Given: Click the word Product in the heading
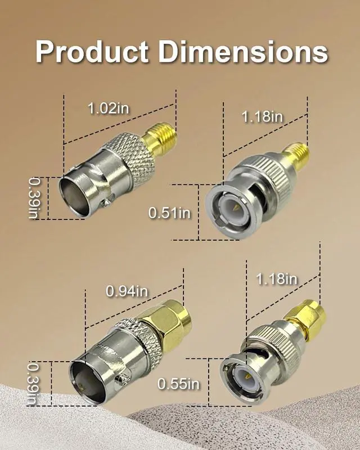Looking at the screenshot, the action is pos(92,52).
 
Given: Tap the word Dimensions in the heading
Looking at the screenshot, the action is pos(243,52).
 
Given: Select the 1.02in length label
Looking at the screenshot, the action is pos(108,109).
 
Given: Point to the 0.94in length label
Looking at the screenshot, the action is pos(127,291).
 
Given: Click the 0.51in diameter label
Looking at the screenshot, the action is pos(169,213).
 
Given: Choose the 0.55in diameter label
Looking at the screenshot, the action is pos(178,384).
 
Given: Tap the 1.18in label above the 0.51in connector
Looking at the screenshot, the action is pos(262,117).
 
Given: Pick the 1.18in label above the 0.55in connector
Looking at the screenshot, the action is pos(276,279).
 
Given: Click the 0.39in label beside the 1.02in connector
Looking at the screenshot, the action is pos(34,198).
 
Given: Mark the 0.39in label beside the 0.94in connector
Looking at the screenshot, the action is pos(33,384).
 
